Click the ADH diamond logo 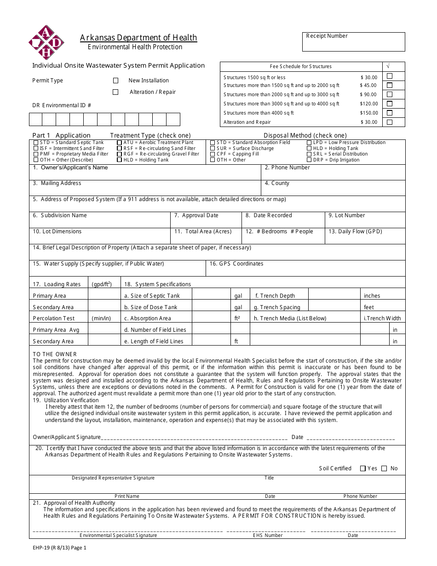coord(46,42)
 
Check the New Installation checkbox coord(116,81)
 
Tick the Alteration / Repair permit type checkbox coord(116,92)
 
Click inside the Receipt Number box coord(353,44)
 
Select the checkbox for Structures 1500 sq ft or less coord(390,76)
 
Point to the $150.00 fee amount coord(368,113)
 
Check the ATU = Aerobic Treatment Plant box coord(120,143)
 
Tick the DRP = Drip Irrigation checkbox coord(310,160)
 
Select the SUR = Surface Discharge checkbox coord(213,149)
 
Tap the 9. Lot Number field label coord(346,215)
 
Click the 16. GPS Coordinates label coord(236,264)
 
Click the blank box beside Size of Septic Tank coord(211,295)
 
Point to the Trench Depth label coord(275,296)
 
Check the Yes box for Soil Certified coord(363,468)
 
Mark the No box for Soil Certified coord(385,468)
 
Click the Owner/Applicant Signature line coord(193,437)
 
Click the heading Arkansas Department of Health coord(138,38)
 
